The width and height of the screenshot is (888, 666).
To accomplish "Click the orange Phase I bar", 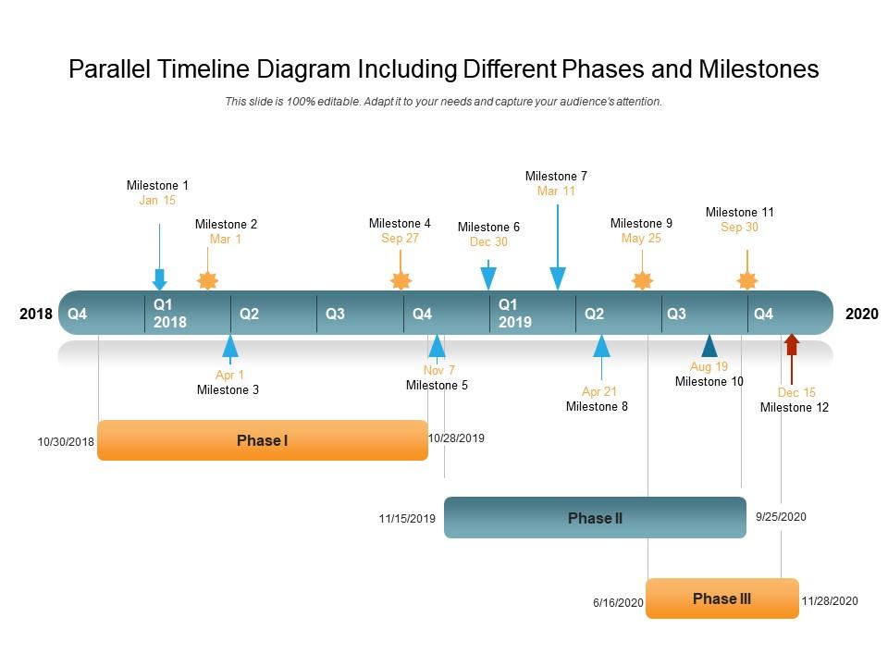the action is [263, 440].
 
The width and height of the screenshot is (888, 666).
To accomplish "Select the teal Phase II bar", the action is [595, 518].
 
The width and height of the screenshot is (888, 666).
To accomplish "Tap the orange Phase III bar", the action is [722, 598].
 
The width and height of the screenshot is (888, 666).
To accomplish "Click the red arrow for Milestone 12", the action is [792, 359].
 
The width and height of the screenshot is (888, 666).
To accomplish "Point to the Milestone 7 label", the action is [556, 176].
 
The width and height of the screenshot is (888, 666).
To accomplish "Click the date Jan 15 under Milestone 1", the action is [157, 200].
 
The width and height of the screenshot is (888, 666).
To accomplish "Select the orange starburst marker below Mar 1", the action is [207, 279].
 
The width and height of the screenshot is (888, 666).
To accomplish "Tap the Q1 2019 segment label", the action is [515, 314].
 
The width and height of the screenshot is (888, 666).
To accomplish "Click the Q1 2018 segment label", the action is [170, 314].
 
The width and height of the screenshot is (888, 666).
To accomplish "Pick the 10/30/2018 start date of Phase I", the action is [66, 442].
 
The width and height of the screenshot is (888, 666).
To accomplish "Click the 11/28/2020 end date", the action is [830, 601].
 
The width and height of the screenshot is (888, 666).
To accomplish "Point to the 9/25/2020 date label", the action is [781, 516].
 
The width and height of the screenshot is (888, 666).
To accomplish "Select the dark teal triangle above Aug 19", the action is [709, 345].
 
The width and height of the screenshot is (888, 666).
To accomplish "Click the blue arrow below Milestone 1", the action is [160, 257].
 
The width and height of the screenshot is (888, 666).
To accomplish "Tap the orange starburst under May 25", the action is [642, 279].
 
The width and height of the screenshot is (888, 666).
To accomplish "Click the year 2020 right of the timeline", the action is [862, 314].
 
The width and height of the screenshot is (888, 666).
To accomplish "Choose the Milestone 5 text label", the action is [437, 385].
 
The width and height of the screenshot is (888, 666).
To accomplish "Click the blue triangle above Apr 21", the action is [601, 346].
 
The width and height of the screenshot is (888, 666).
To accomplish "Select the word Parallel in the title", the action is [109, 69].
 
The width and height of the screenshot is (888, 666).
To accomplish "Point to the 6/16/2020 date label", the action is [619, 602].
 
